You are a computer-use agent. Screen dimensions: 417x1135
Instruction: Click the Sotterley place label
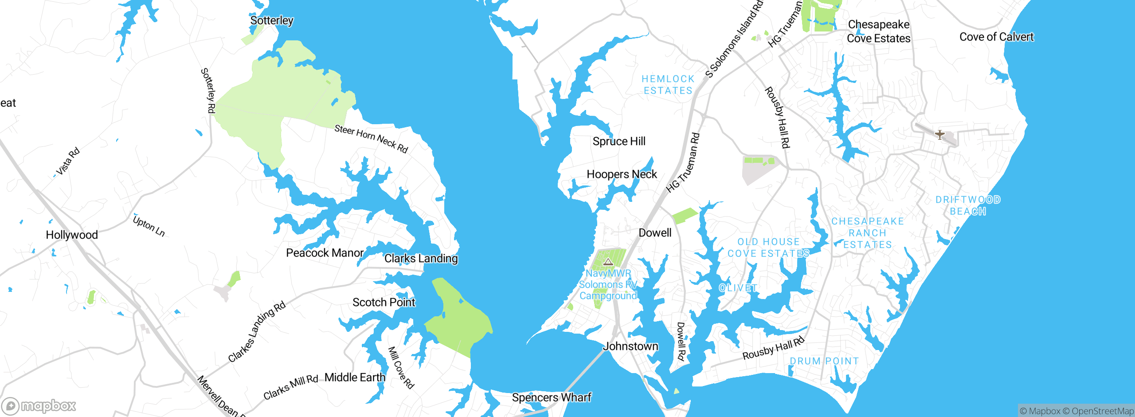tap(272, 20)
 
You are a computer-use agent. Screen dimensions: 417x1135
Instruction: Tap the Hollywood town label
tap(72, 235)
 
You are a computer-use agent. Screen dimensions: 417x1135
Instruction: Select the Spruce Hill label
tap(619, 142)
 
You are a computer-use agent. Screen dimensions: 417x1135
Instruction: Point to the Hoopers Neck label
tap(622, 174)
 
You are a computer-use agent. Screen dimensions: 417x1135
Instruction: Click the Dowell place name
tap(655, 233)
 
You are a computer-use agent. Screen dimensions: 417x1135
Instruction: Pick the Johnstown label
tap(630, 346)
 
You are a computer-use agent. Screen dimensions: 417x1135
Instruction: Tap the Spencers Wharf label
tap(552, 397)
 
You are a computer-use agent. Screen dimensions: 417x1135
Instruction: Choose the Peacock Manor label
tap(325, 253)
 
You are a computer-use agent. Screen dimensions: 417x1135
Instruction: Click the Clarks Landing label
tap(421, 258)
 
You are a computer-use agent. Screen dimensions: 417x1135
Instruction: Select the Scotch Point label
tap(384, 303)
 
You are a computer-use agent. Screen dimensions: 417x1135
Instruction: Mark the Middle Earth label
tap(355, 378)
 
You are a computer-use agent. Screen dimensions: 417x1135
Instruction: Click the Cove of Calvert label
tap(996, 37)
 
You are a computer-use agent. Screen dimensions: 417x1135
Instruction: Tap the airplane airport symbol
tap(939, 134)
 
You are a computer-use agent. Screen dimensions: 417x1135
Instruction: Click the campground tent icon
tap(608, 262)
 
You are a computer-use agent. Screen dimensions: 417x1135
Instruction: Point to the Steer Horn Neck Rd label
tap(371, 138)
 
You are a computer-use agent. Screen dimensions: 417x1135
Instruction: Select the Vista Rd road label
tap(68, 161)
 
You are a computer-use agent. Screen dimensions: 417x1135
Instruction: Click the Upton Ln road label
tap(149, 226)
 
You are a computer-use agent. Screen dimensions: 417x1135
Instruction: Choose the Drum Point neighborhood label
tap(824, 361)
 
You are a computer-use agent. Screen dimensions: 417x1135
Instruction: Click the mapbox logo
tap(39, 406)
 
